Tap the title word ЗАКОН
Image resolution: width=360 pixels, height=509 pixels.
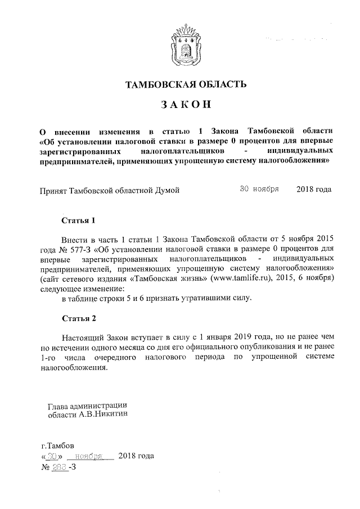[185, 105]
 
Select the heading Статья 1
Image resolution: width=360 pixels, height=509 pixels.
[79, 220]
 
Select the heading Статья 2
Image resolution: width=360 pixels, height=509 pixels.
[79, 318]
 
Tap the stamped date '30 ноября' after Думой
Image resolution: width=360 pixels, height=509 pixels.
[259, 189]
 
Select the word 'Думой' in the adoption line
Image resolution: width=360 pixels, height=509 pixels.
[168, 190]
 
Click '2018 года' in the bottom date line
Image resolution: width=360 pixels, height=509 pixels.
[137, 456]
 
